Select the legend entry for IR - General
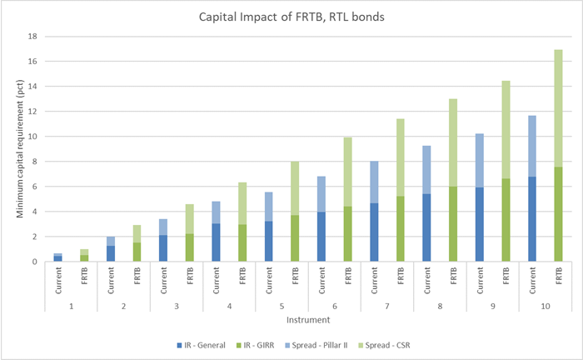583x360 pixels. click(x=202, y=344)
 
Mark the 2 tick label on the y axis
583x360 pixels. click(x=31, y=237)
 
